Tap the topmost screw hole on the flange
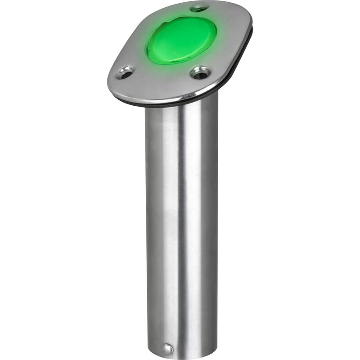199,8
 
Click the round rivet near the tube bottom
167,349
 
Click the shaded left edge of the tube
148,225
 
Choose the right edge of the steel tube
217,225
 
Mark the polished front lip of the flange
157,96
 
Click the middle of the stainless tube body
182,225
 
